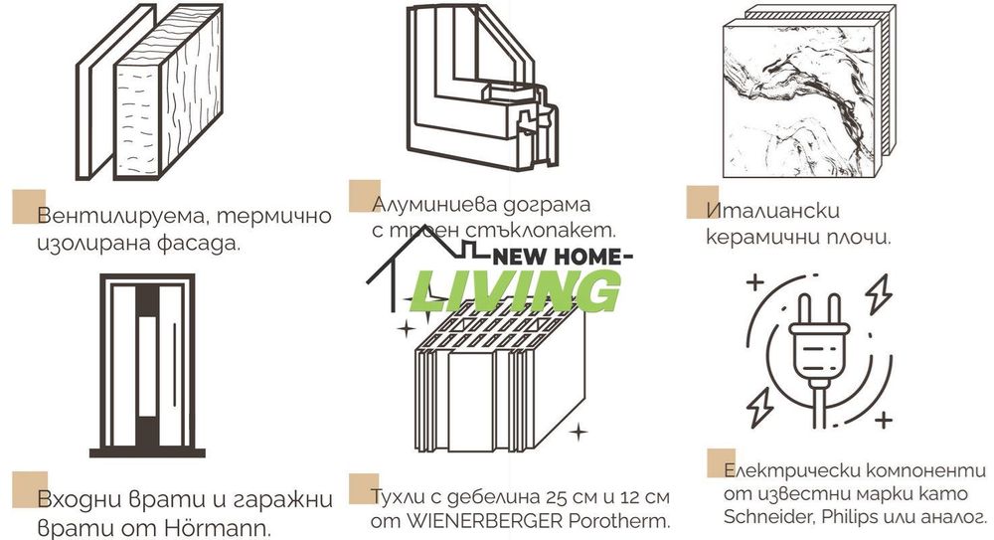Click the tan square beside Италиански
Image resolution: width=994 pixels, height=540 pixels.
coord(702,201)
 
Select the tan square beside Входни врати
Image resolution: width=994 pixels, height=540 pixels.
coord(28,488)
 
